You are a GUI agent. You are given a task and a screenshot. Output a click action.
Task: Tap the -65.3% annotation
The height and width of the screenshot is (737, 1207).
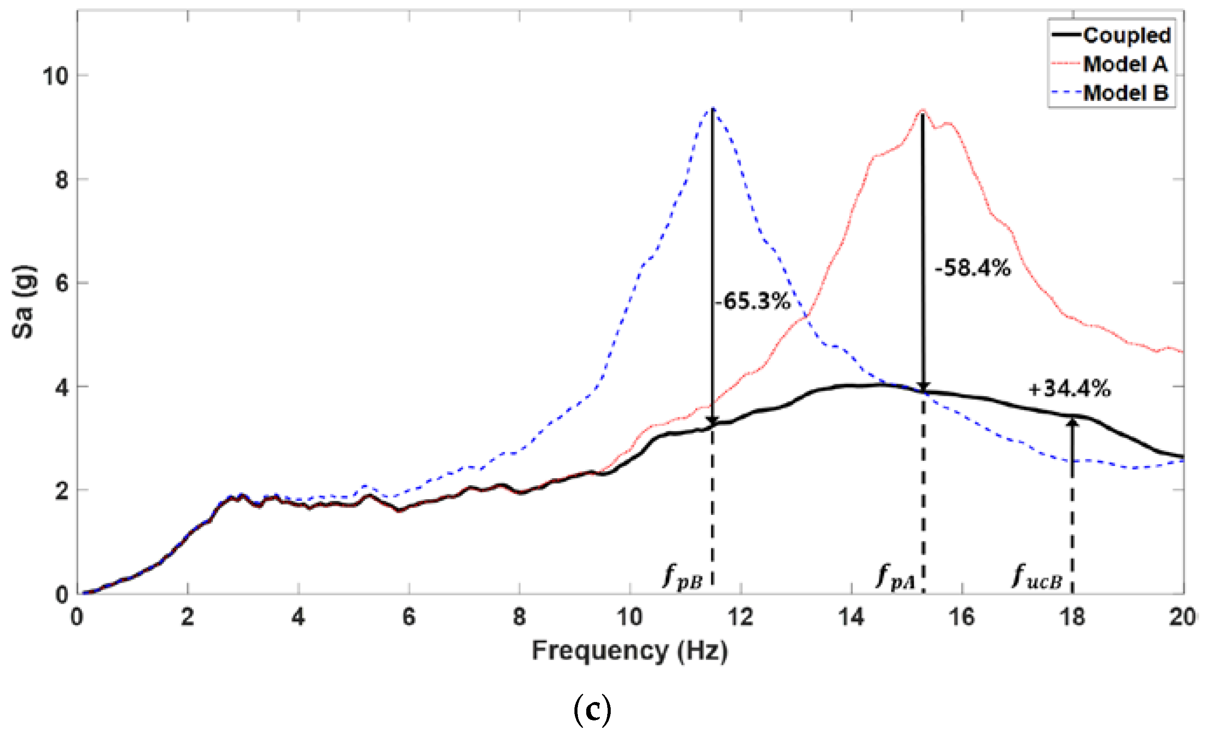click(752, 301)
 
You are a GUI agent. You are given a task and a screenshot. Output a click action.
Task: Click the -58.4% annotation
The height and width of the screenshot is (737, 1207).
click(972, 268)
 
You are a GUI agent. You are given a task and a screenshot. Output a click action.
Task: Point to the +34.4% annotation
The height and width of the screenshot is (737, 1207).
click(1069, 389)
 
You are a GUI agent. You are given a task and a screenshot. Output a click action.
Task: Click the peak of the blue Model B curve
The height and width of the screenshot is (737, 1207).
click(713, 108)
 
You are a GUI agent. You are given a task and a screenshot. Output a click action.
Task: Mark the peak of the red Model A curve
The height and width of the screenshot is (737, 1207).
click(923, 110)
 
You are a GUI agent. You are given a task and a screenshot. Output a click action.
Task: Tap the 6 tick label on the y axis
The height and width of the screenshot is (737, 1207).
click(61, 283)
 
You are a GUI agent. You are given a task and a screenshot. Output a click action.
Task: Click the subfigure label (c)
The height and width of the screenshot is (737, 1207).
click(592, 710)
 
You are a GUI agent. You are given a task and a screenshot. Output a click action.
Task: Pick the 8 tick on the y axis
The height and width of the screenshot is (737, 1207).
click(61, 179)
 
